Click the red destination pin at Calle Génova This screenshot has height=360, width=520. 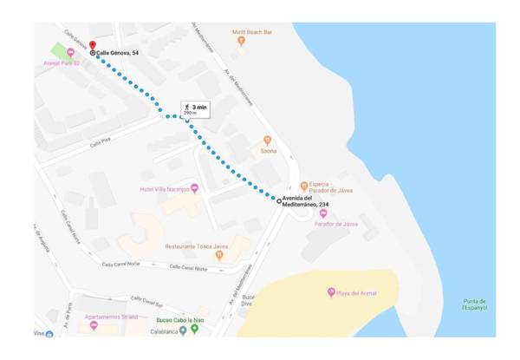[x=92, y=44]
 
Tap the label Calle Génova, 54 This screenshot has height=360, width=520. [x=118, y=52]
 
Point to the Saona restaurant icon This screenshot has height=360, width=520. [x=267, y=140]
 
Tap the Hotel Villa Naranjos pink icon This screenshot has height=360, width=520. [x=194, y=188]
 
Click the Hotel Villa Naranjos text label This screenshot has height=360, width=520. [x=164, y=188]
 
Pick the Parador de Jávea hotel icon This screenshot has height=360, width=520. [x=323, y=213]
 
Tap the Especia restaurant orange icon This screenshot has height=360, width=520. [x=303, y=185]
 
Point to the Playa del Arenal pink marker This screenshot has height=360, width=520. [x=331, y=292]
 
